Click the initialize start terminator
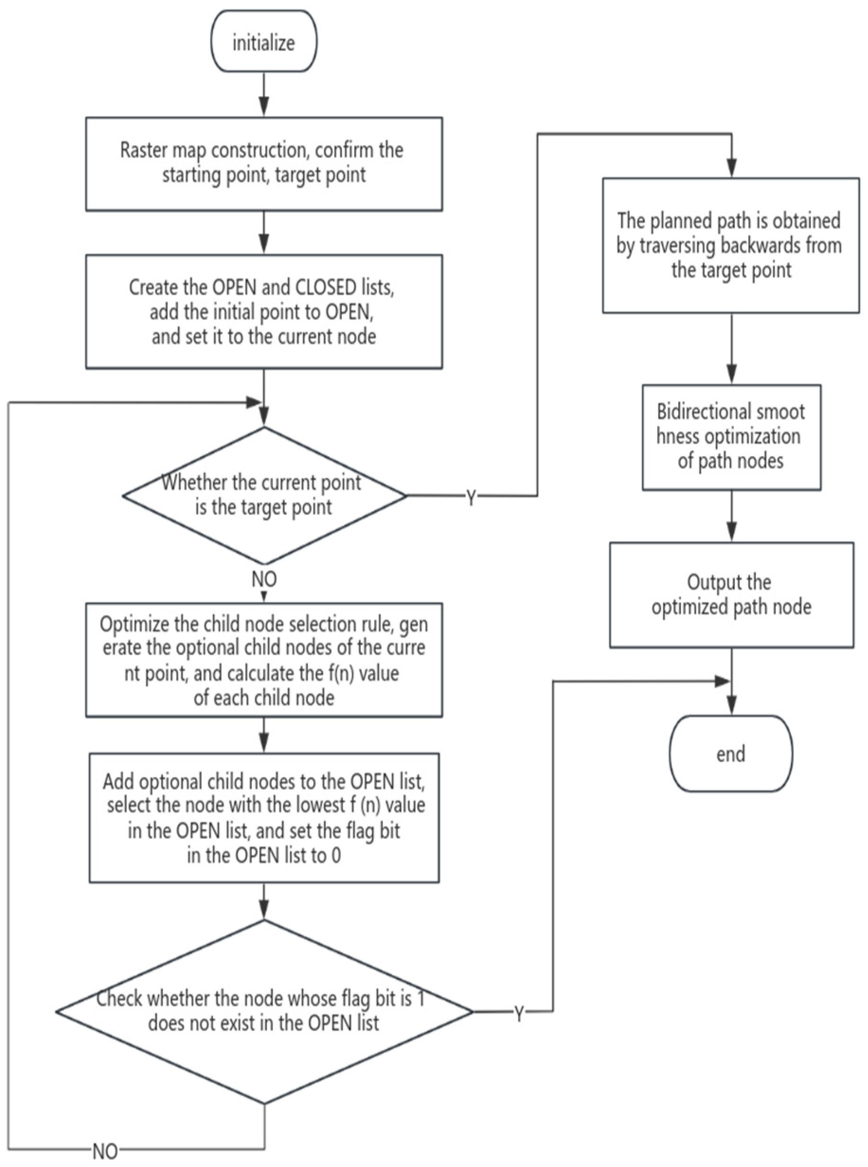[x=264, y=42]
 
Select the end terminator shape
[x=730, y=754]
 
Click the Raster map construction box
[x=264, y=164]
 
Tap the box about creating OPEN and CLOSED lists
[x=264, y=312]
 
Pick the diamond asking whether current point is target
[x=264, y=495]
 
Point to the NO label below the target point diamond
[x=264, y=579]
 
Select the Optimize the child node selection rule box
[x=264, y=659]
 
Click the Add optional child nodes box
[x=264, y=818]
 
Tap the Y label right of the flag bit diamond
[x=519, y=1014]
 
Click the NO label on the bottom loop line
[x=105, y=1152]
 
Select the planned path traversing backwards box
[x=730, y=245]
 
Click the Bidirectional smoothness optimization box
[x=731, y=437]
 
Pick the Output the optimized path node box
[x=731, y=595]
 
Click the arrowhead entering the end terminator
[x=731, y=706]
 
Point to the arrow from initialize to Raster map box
[x=264, y=95]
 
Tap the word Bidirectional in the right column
[x=692, y=411]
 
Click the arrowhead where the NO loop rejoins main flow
[x=254, y=403]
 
